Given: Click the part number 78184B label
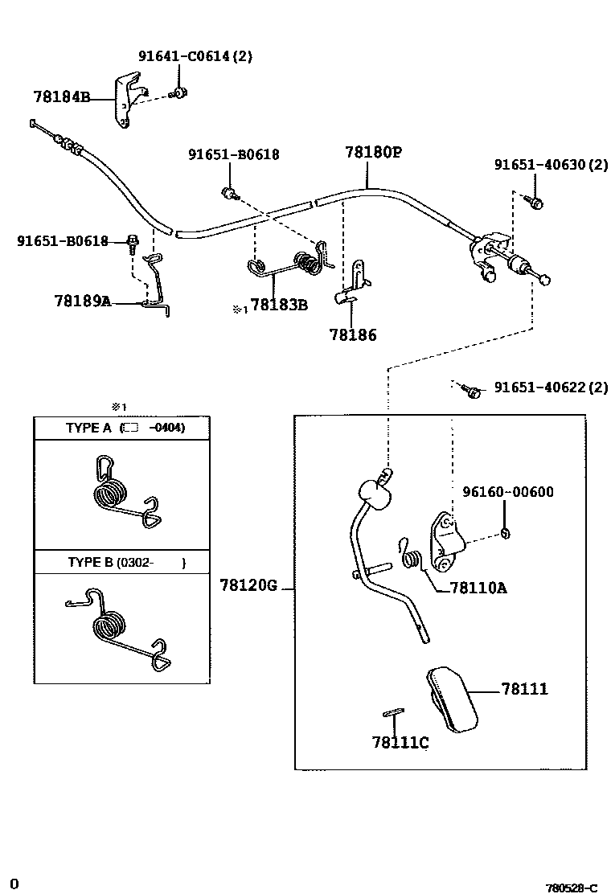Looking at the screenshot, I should (x=61, y=96).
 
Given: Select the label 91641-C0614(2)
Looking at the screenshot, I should (x=195, y=56).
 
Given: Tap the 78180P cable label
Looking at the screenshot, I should (x=373, y=152).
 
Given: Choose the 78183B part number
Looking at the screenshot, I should (x=279, y=305).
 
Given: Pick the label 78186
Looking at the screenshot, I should (x=352, y=335).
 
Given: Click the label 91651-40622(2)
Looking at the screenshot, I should (x=551, y=388).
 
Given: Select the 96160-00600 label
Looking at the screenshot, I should (x=507, y=492).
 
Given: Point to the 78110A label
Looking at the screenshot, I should (x=478, y=588).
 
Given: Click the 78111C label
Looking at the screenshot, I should (x=400, y=742).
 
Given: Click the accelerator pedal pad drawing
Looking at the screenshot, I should (x=450, y=699).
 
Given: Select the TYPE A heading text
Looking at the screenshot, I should (x=88, y=428).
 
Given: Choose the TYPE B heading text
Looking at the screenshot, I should (x=91, y=562).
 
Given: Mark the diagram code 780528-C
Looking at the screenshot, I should (x=571, y=888).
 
